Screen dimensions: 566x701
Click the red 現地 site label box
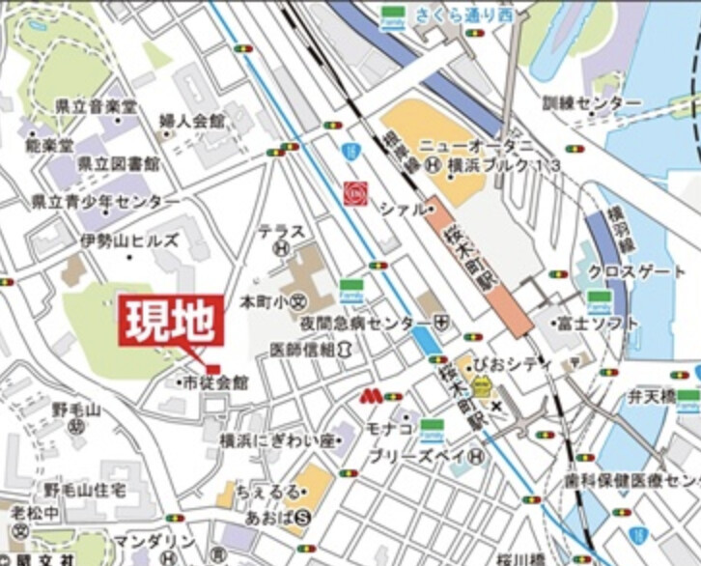(x=172, y=323)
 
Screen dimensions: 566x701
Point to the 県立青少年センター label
(x=105, y=202)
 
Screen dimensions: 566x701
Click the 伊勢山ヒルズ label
(x=129, y=240)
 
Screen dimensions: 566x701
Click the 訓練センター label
(x=591, y=102)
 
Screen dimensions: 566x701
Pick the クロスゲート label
(x=636, y=271)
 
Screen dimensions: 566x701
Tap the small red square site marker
(x=212, y=369)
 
